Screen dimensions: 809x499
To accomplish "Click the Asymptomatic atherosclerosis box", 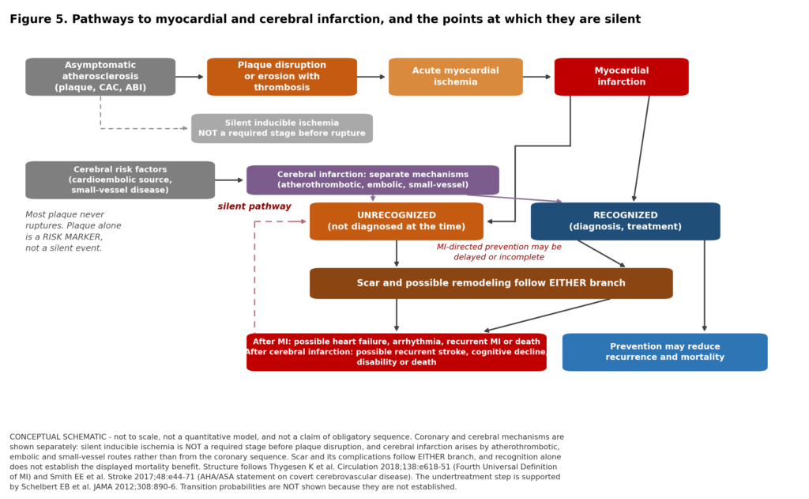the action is coord(100,77).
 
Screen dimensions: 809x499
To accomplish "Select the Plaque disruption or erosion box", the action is coord(282,77).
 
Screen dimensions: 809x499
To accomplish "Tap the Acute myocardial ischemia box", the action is coord(456,77).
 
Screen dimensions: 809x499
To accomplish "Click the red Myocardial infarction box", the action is coord(621,77).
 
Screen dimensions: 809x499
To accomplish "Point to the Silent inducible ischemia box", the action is coord(282,128).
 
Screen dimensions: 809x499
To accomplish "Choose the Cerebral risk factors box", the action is coord(120,180).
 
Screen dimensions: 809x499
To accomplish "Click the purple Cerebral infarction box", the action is coord(373,180).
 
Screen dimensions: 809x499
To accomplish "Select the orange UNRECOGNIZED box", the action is coord(397,221).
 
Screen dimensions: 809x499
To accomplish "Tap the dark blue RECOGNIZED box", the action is coord(626,221).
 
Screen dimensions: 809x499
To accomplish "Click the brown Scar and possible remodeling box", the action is coord(491,283).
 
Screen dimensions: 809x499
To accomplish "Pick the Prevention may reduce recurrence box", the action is coord(665,352).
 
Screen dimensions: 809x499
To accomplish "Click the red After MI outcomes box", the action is coord(397,352).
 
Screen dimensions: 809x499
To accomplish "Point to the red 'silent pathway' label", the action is coord(254,206).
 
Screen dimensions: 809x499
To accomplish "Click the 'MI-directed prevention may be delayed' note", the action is coord(499,251).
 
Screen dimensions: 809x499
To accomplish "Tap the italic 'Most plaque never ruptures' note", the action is coord(73,231).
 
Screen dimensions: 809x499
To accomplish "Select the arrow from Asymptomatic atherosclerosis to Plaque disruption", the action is coord(190,77).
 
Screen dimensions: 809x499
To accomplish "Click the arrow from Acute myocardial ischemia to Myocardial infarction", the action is coord(537,77).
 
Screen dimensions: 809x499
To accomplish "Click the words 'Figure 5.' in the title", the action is coord(39,20).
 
